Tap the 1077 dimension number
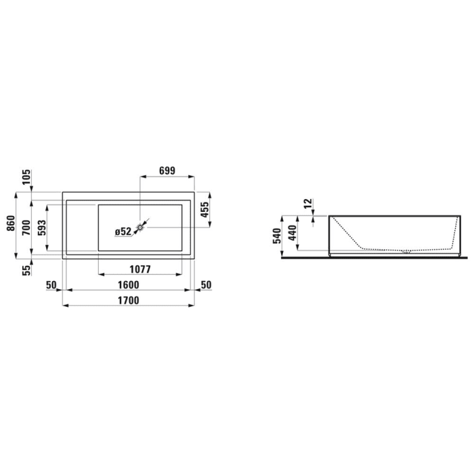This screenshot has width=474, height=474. point(141,269)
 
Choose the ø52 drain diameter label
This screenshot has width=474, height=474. point(123,231)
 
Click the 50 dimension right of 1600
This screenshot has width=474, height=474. point(206,284)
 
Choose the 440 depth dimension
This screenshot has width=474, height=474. point(293,232)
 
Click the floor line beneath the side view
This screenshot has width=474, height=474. point(372,258)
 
